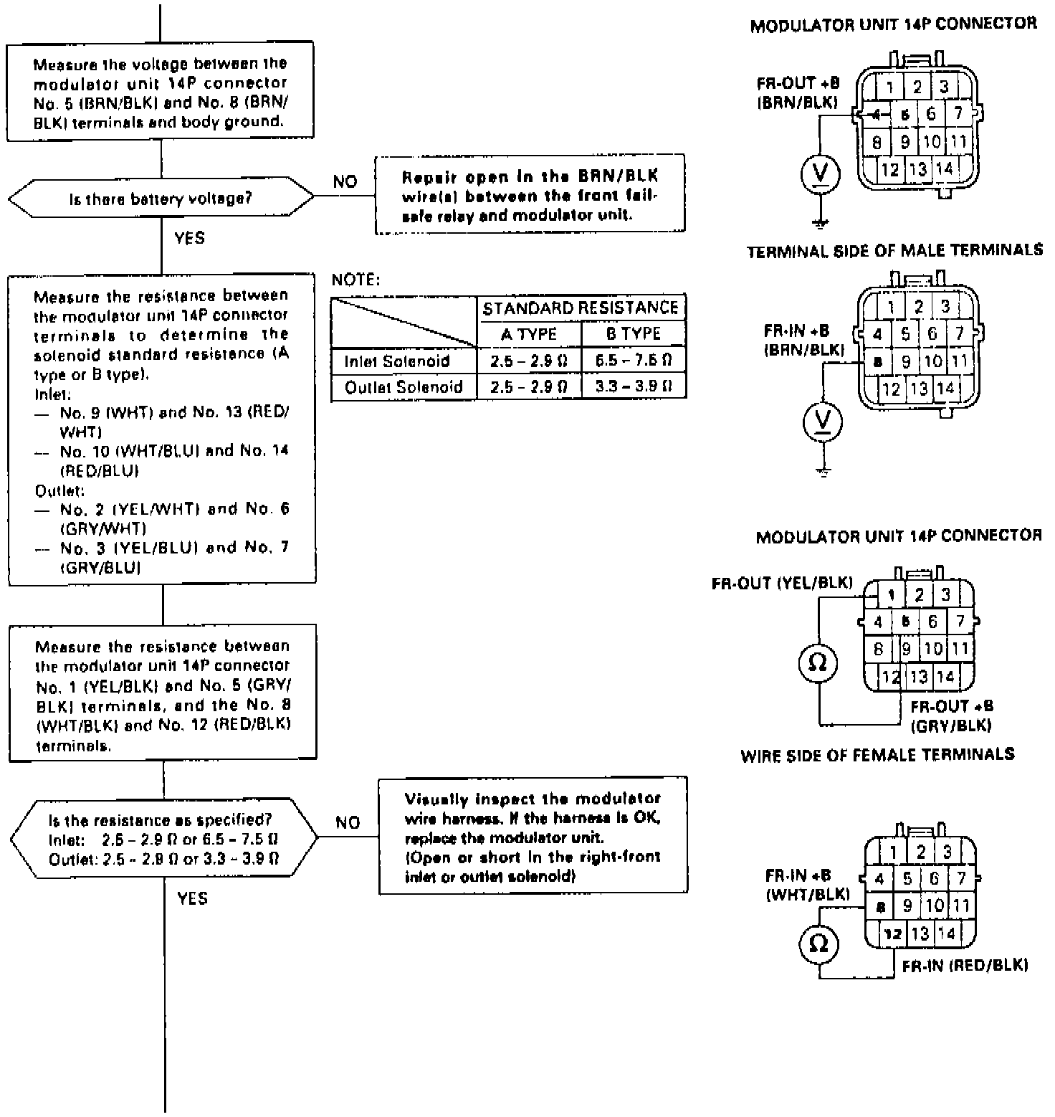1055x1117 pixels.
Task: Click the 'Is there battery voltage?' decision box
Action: click(161, 199)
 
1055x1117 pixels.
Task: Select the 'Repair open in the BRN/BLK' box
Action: click(530, 195)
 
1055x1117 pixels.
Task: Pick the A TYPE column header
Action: click(529, 334)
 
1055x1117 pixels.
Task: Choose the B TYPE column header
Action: click(633, 334)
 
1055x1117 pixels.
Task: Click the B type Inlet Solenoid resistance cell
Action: click(633, 361)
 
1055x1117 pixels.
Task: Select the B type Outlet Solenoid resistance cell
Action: click(633, 387)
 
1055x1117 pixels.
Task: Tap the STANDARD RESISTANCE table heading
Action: click(581, 308)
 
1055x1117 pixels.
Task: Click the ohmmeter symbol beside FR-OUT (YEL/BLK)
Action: click(818, 663)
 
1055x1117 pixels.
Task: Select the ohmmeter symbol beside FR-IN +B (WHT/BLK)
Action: click(818, 944)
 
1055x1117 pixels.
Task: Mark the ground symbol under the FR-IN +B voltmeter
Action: click(824, 471)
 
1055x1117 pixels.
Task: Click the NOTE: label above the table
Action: click(356, 280)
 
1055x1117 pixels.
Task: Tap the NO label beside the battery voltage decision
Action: click(345, 182)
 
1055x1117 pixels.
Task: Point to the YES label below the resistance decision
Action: click(193, 899)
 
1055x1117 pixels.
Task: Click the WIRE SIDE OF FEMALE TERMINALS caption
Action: click(877, 754)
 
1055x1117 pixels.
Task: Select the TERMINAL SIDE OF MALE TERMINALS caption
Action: click(894, 252)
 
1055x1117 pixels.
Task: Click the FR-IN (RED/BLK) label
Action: click(965, 966)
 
